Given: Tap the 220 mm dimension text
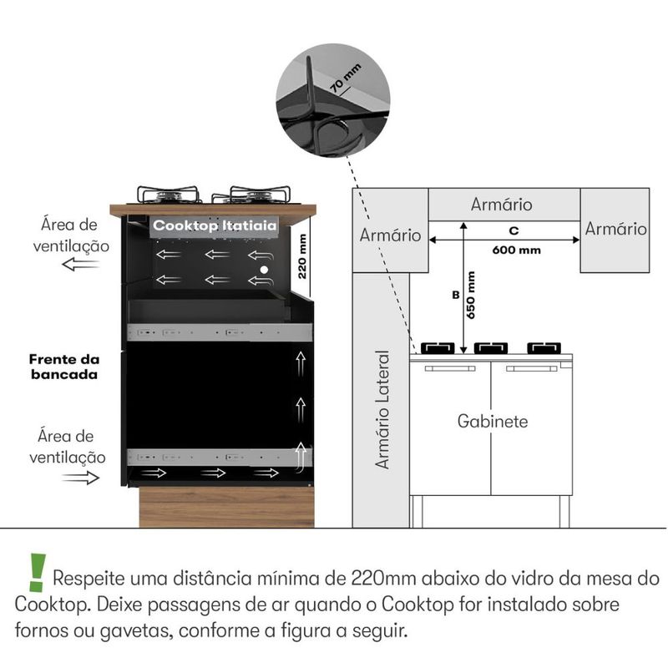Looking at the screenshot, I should click(x=303, y=256).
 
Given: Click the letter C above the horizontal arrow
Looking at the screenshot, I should click(x=514, y=230).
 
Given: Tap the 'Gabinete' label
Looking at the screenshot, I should click(x=493, y=421).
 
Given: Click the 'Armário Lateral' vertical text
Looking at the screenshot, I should click(x=382, y=409).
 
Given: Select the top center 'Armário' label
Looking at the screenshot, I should click(x=502, y=205).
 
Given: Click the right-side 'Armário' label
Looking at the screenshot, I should click(x=615, y=228).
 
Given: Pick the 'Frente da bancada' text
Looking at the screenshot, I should click(x=64, y=367).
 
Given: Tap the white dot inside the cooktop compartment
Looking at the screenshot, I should click(x=265, y=271).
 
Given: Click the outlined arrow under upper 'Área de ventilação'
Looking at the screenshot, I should click(x=80, y=265).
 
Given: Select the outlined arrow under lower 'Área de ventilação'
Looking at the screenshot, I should click(x=80, y=478).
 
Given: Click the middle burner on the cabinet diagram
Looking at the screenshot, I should click(x=491, y=347).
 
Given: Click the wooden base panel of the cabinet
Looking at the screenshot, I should click(x=226, y=507).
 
